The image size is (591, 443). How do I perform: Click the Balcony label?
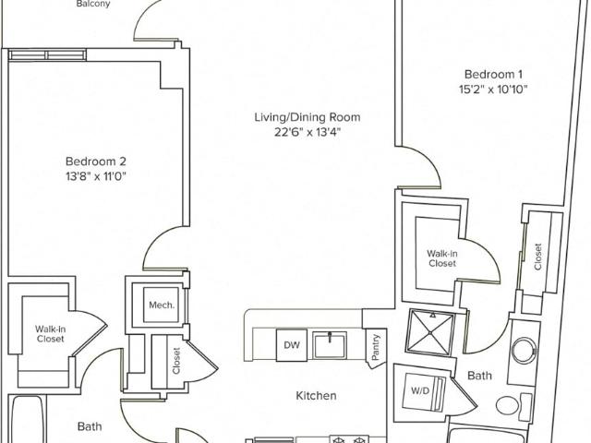(x=93, y=4)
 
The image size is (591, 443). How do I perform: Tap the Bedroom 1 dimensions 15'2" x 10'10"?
(x=493, y=90)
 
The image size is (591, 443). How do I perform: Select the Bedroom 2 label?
(x=96, y=162)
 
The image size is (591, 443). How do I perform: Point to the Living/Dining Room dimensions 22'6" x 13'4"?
(x=308, y=133)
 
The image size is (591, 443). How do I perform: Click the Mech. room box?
(x=161, y=305)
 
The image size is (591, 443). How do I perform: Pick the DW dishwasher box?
(x=292, y=345)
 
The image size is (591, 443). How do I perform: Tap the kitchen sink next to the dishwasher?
(x=331, y=344)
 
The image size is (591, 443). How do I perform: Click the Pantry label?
(x=376, y=347)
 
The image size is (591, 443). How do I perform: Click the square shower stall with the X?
(x=431, y=332)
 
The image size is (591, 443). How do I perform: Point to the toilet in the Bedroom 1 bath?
(x=514, y=405)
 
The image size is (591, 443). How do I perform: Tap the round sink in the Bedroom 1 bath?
(x=525, y=349)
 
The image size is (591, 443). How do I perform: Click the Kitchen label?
(x=316, y=396)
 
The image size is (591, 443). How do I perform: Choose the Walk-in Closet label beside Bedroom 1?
(x=442, y=258)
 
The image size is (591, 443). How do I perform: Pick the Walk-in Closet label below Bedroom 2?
(x=51, y=334)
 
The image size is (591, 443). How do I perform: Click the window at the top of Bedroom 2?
(x=47, y=55)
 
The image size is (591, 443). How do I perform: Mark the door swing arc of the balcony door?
(x=145, y=15)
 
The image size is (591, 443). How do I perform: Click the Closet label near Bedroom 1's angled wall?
(x=537, y=257)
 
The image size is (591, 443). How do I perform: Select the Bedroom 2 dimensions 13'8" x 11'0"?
(x=96, y=176)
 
